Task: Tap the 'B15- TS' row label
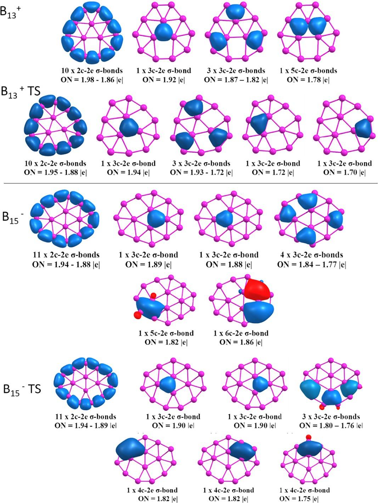[22, 389]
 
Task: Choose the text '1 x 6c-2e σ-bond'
[241, 333]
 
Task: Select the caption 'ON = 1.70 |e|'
[344, 172]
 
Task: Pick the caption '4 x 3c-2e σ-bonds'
[310, 255]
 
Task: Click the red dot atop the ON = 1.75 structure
[308, 437]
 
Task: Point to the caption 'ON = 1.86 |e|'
[241, 342]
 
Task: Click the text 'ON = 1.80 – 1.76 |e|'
[331, 425]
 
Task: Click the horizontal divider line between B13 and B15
[191, 183]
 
